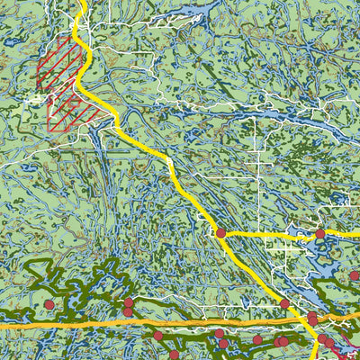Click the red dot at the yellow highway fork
point(220,233)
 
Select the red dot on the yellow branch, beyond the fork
point(319,234)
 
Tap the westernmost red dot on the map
point(49,305)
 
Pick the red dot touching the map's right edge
point(355,276)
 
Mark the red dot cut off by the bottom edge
point(174,355)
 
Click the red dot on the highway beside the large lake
point(284,304)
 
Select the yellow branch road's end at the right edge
point(357,233)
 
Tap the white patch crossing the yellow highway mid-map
point(168,161)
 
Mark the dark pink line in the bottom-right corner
point(346,351)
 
